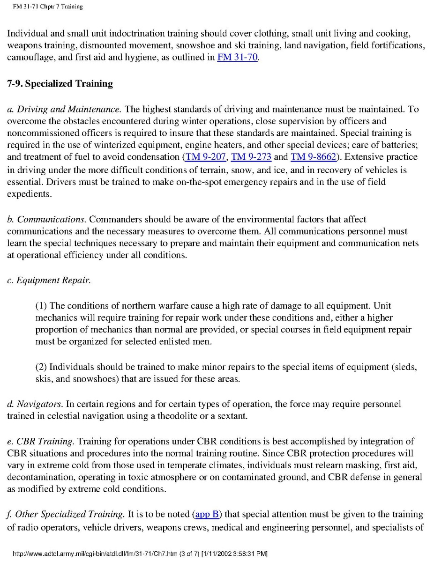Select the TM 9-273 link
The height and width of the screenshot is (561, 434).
[251, 157]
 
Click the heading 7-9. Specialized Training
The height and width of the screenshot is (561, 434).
[60, 84]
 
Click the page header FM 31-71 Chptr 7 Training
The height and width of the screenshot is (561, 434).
[48, 7]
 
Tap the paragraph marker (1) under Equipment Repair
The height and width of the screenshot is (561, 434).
[41, 305]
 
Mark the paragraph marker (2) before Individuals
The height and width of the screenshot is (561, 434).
[41, 367]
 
